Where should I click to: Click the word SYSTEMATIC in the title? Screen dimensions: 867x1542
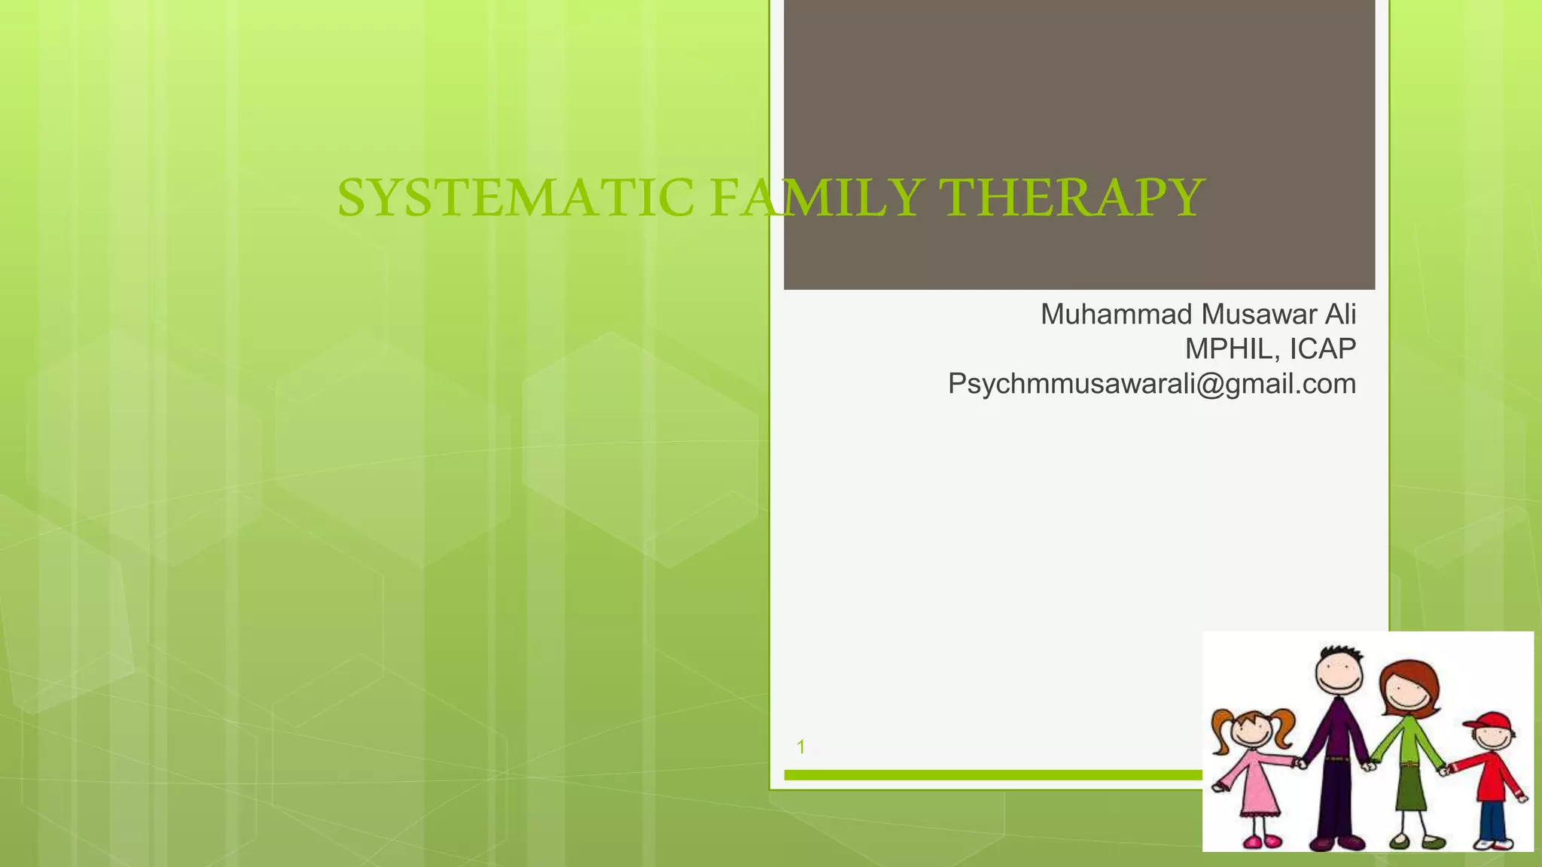(x=515, y=198)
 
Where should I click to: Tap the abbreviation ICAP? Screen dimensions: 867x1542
(x=1323, y=349)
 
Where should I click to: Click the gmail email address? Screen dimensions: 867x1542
(x=1152, y=384)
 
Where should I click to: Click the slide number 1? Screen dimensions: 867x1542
(x=801, y=747)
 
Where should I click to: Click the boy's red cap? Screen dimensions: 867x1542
(x=1488, y=723)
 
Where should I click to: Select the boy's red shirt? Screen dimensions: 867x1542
(x=1494, y=775)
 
